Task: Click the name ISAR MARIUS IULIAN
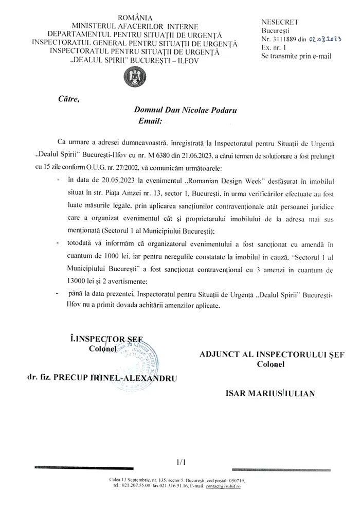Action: point(270,393)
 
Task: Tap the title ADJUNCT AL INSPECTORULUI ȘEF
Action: point(272,355)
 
